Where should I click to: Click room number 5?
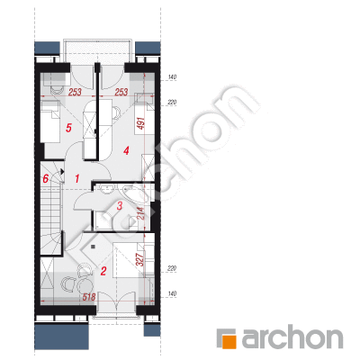click(68, 129)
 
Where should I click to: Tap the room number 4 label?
click(126, 150)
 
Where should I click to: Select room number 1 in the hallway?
click(77, 179)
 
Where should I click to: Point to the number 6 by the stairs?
click(45, 179)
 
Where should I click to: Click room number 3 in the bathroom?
click(120, 206)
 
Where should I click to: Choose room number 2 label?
click(103, 272)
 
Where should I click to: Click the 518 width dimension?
click(89, 297)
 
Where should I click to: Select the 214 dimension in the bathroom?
click(141, 212)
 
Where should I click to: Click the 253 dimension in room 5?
click(75, 92)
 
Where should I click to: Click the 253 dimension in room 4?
click(121, 92)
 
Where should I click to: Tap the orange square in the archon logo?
click(229, 341)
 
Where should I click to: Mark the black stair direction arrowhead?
click(62, 172)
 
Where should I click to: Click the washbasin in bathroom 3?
click(106, 188)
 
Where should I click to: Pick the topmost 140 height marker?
click(172, 77)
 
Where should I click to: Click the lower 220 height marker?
click(172, 268)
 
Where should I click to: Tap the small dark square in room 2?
click(93, 247)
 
